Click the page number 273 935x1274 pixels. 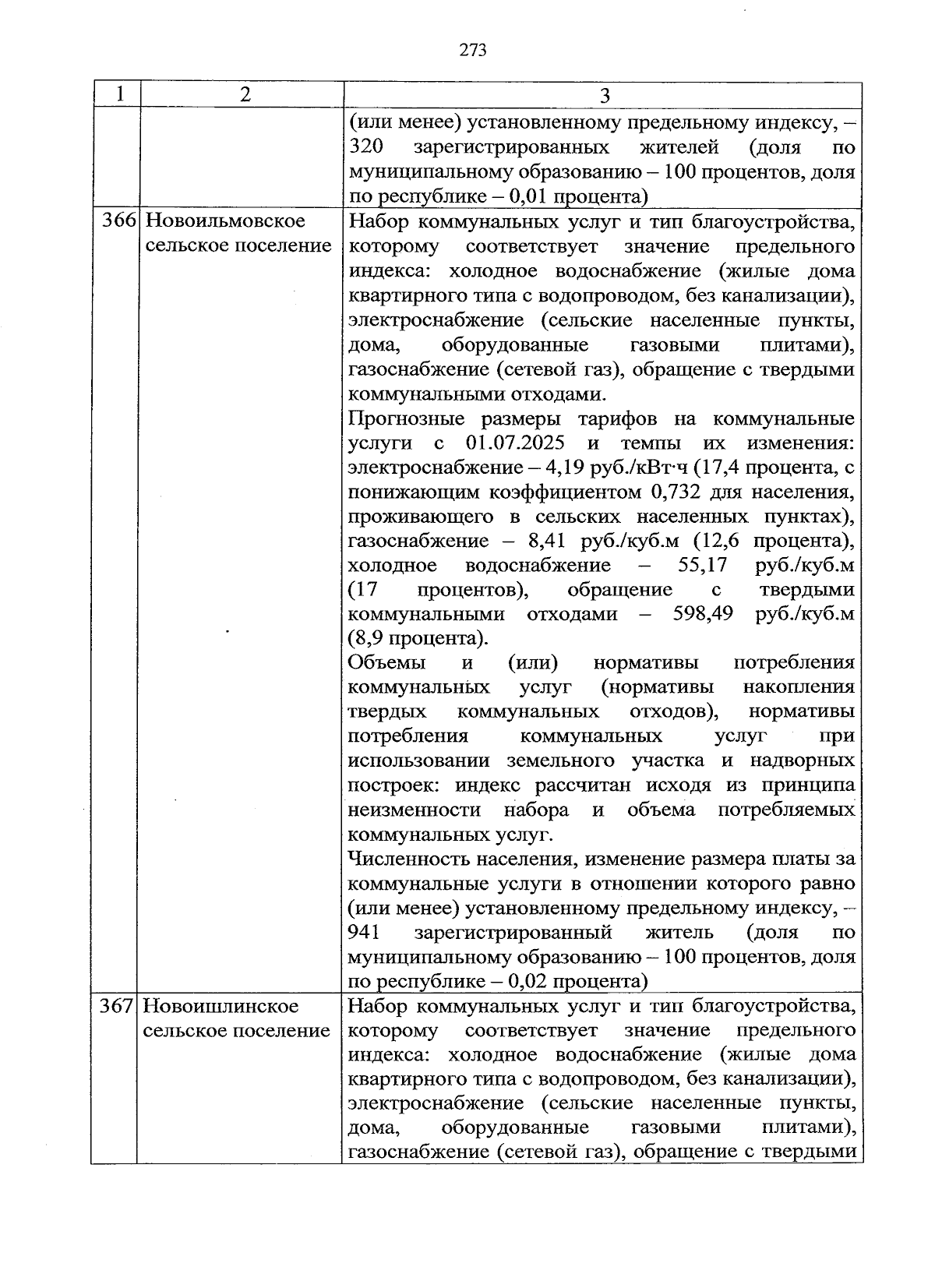click(x=473, y=51)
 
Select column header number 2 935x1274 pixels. click(x=245, y=94)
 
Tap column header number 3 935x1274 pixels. click(x=605, y=95)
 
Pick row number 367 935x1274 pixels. click(x=118, y=1006)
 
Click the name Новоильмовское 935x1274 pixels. click(x=225, y=221)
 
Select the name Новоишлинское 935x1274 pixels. click(x=221, y=1006)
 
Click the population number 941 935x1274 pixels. click(x=363, y=933)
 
